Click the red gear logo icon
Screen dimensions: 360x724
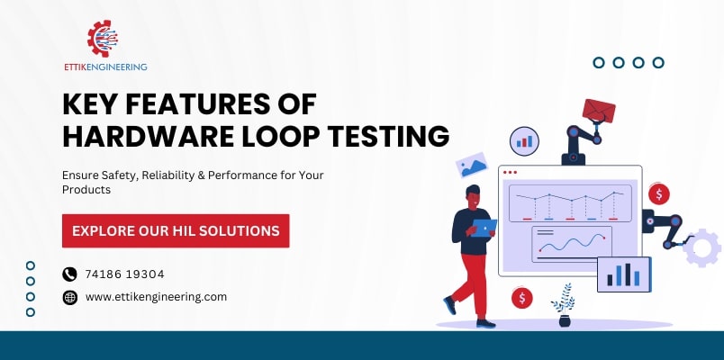click(104, 39)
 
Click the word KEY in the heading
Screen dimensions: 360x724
click(95, 104)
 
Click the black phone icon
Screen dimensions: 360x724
click(70, 274)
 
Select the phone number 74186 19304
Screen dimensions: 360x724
click(124, 274)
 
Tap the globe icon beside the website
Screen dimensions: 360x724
click(70, 297)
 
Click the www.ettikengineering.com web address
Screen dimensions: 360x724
click(156, 296)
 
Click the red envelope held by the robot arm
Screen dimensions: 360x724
click(598, 111)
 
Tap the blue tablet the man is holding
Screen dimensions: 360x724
click(484, 228)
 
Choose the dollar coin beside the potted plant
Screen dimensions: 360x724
click(520, 298)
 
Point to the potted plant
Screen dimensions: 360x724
click(565, 305)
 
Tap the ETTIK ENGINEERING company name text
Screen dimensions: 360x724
click(104, 67)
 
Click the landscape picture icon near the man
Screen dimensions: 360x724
click(471, 165)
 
